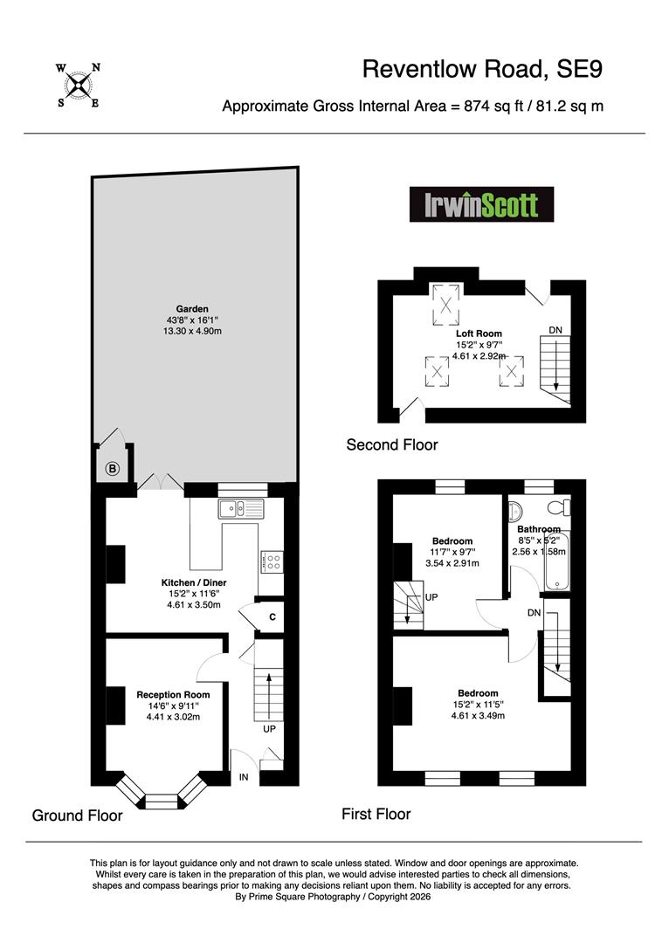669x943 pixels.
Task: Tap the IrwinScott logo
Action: click(x=481, y=204)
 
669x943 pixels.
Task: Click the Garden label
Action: click(x=192, y=309)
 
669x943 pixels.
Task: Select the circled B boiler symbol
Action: click(x=114, y=469)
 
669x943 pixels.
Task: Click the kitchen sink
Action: click(x=241, y=509)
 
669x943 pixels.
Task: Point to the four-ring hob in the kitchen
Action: click(x=273, y=562)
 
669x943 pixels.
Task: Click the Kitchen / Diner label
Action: click(x=194, y=582)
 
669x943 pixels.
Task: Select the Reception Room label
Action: click(x=173, y=695)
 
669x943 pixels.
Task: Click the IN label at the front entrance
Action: click(x=244, y=777)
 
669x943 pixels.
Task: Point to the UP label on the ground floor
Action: click(x=270, y=729)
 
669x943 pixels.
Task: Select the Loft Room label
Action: click(x=479, y=334)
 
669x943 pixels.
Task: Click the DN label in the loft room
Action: click(x=555, y=330)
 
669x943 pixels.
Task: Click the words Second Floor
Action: click(x=392, y=445)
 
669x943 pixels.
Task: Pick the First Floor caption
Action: click(x=376, y=815)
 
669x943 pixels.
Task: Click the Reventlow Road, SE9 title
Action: click(x=482, y=69)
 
